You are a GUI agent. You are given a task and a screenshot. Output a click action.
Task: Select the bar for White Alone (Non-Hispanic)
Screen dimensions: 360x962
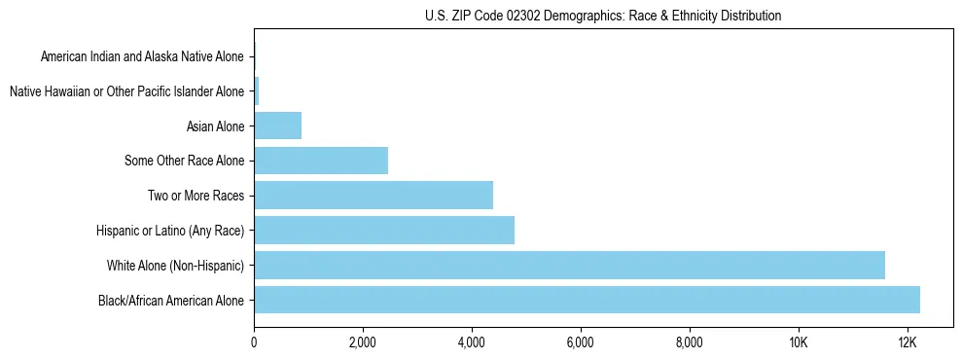pyautogui.click(x=569, y=265)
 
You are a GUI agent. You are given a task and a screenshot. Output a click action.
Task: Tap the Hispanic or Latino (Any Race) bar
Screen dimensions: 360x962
pyautogui.click(x=384, y=230)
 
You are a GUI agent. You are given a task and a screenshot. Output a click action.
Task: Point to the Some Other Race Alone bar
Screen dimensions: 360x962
pyautogui.click(x=321, y=160)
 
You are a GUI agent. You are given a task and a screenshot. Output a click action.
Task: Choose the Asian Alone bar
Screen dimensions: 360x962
pyautogui.click(x=277, y=126)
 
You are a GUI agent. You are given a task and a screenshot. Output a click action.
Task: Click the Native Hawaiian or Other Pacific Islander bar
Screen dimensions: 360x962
pyautogui.click(x=256, y=91)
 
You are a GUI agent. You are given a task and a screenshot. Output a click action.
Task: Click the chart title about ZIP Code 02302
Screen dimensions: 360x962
pyautogui.click(x=603, y=16)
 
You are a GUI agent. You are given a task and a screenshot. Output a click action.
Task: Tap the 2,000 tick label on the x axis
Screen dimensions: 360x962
pyautogui.click(x=362, y=342)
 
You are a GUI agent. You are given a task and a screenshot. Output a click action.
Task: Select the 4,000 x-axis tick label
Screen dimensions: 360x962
pyautogui.click(x=471, y=342)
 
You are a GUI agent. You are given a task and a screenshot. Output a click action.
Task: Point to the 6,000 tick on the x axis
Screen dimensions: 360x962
pyautogui.click(x=580, y=342)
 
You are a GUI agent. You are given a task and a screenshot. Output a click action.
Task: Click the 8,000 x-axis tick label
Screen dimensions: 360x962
pyautogui.click(x=689, y=342)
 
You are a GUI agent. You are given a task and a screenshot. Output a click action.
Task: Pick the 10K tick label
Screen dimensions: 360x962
pyautogui.click(x=798, y=342)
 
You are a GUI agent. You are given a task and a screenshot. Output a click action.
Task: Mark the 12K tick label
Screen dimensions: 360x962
pyautogui.click(x=907, y=342)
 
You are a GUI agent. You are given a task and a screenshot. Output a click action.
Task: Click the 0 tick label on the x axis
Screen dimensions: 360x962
pyautogui.click(x=254, y=342)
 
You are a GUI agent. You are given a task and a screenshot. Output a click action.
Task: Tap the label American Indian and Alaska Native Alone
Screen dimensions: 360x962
pyautogui.click(x=143, y=57)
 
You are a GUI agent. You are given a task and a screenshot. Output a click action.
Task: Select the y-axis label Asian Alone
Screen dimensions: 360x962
pyautogui.click(x=215, y=126)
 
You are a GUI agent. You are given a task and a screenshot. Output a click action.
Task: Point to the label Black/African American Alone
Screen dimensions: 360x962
pyautogui.click(x=171, y=300)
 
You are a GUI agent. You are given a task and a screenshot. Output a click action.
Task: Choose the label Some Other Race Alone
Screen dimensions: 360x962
pyautogui.click(x=185, y=161)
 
